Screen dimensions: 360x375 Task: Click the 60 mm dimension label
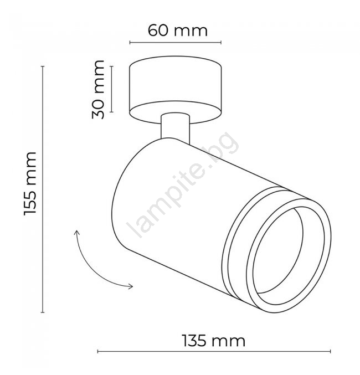(x=177, y=30)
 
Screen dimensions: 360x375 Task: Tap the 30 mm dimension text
(x=98, y=90)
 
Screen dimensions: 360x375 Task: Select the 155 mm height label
(x=30, y=183)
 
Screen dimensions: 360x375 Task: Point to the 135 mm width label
(x=214, y=341)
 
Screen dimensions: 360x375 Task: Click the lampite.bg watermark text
(x=182, y=184)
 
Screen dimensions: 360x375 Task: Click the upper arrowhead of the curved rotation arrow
(x=77, y=233)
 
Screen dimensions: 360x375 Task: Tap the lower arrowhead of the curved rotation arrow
(x=130, y=286)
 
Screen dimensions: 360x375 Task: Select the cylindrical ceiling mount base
(x=176, y=90)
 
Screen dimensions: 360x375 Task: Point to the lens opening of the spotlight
(x=277, y=250)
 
